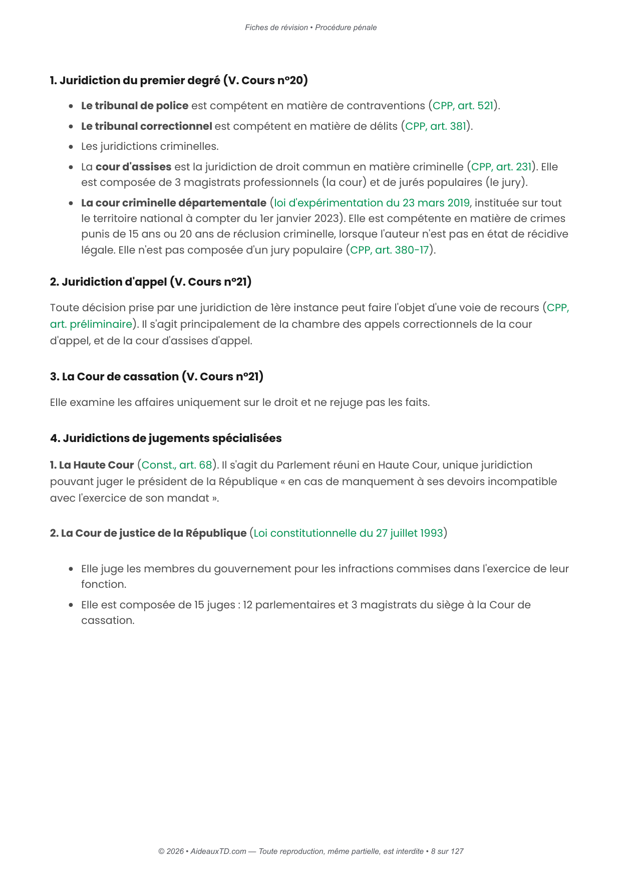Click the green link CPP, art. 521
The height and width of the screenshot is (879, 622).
[463, 106]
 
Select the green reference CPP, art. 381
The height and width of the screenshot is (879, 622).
[436, 126]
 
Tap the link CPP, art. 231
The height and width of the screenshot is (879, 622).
[501, 167]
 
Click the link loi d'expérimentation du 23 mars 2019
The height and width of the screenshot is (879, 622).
[372, 203]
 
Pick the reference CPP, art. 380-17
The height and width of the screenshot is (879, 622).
[390, 250]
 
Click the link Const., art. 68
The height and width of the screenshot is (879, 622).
[177, 465]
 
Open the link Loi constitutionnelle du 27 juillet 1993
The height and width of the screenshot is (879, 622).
[348, 533]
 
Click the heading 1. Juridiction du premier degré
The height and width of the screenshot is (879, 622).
[179, 80]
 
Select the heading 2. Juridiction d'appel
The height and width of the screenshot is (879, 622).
[151, 282]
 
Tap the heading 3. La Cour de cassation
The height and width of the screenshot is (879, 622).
[157, 376]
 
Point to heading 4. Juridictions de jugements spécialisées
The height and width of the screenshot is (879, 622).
[166, 438]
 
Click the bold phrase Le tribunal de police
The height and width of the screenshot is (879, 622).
[135, 106]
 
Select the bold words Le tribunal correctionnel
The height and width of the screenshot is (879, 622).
[146, 126]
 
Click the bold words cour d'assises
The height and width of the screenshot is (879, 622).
[133, 167]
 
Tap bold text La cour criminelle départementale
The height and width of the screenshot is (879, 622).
[174, 203]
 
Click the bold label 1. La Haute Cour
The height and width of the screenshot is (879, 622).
[92, 465]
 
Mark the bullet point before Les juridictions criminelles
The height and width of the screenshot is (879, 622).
[71, 147]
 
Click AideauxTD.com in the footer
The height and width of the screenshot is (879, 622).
[218, 851]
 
